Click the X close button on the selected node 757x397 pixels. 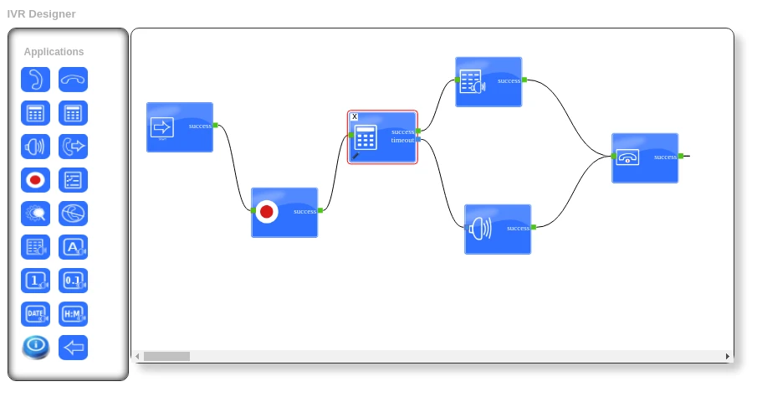click(355, 116)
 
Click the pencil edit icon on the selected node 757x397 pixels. click(355, 156)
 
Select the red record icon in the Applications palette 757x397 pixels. click(35, 180)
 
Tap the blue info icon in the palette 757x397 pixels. click(35, 347)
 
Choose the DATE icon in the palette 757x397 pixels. click(35, 314)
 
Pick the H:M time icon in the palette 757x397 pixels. click(73, 314)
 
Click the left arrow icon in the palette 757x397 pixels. click(73, 348)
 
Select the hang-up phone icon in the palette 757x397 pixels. click(73, 80)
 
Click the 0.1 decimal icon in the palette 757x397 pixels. click(73, 281)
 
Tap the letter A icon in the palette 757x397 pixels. click(73, 247)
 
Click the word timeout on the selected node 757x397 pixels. click(402, 140)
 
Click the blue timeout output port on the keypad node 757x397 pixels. click(418, 141)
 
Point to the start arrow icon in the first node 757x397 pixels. click(161, 127)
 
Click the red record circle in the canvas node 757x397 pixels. click(267, 212)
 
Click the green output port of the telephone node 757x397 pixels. click(681, 156)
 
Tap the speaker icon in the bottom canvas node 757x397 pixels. click(479, 228)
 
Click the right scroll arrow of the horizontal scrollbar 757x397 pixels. click(727, 356)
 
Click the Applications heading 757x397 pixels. click(54, 52)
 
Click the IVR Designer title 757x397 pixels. click(41, 14)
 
